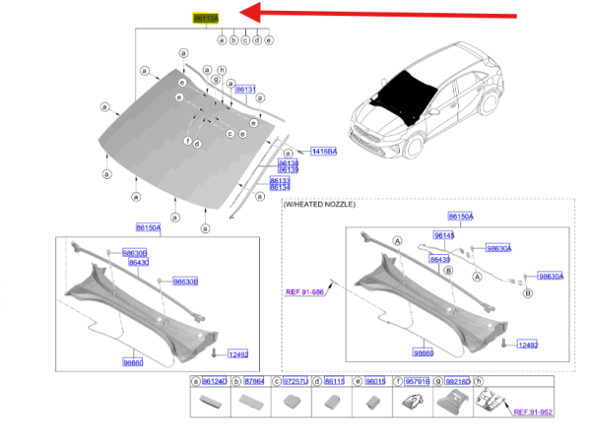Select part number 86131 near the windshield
coord(245,90)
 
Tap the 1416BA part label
coord(323,151)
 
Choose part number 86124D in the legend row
coord(214,380)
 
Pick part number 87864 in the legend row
coord(254,380)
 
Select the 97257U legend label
coord(295,380)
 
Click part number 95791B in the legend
coord(417,380)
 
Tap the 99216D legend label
coord(457,380)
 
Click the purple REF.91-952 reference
coord(532,413)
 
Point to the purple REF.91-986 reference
coord(305,291)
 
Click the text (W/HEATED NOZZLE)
coord(319,204)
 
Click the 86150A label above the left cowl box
coord(147,227)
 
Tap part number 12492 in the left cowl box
coord(239,352)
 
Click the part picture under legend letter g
coord(451,402)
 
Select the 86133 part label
coord(279,180)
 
